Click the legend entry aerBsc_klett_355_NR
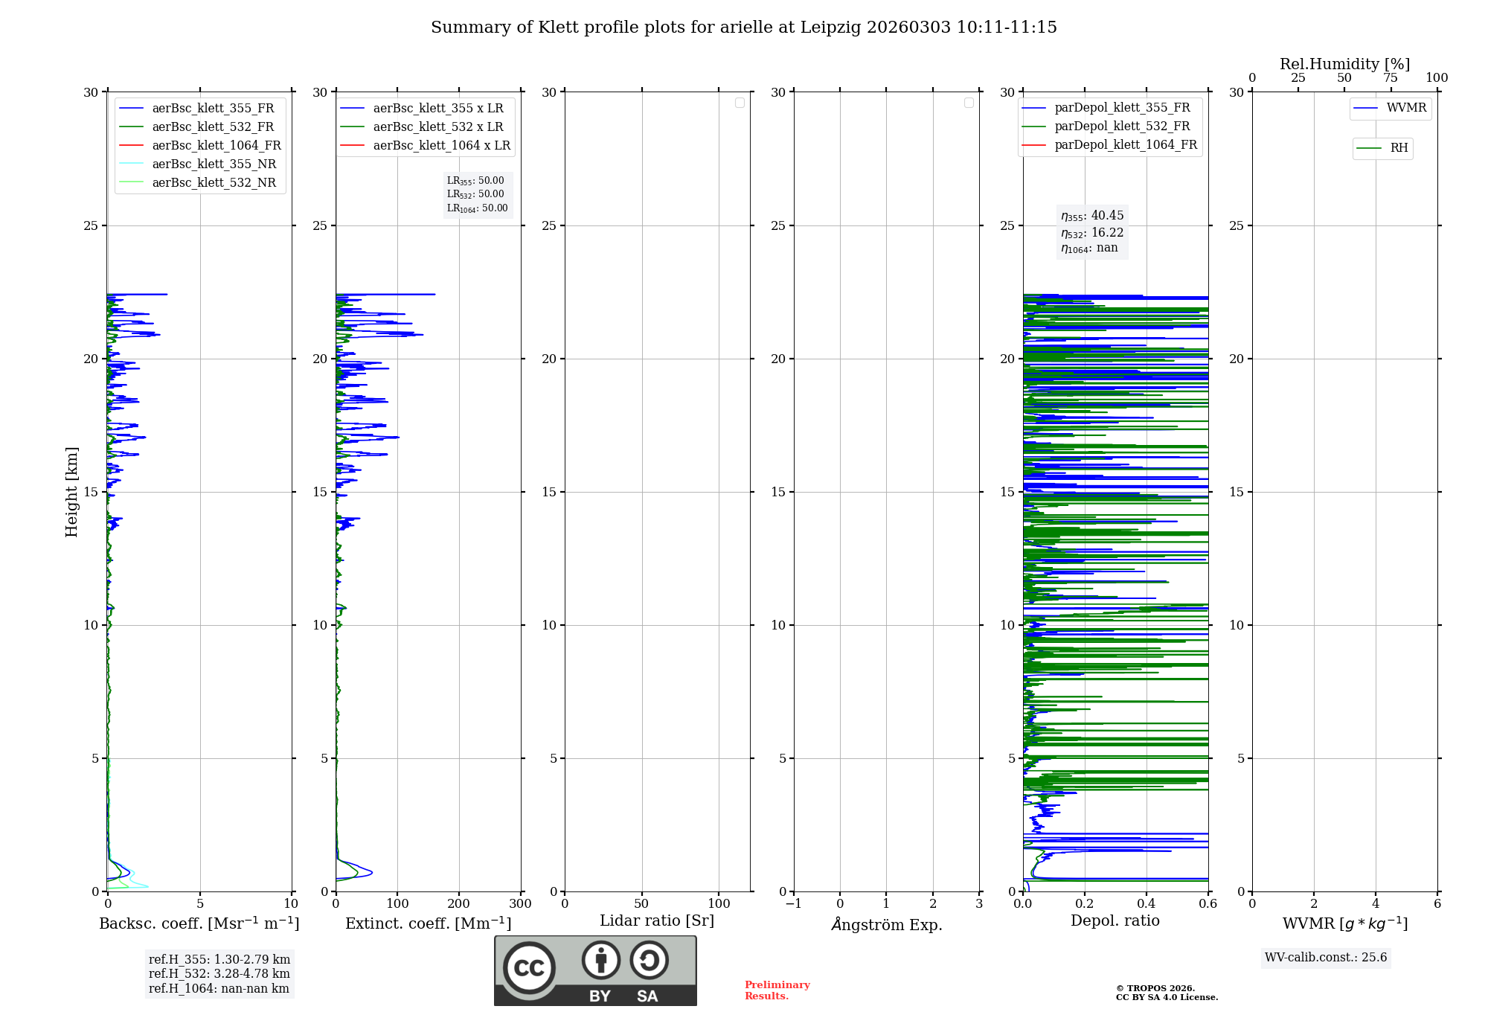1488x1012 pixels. point(214,164)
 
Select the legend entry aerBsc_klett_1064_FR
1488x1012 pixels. point(216,145)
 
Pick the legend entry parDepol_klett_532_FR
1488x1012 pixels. point(1122,126)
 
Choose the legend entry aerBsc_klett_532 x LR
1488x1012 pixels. point(437,126)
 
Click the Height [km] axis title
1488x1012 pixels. point(71,491)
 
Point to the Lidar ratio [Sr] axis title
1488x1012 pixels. point(657,921)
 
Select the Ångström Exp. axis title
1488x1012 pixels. point(887,924)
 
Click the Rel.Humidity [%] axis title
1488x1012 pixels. point(1344,64)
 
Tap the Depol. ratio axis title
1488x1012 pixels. point(1115,921)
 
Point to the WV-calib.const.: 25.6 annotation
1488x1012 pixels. point(1326,958)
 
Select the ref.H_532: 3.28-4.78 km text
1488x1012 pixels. point(219,973)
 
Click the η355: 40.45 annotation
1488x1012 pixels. point(1092,216)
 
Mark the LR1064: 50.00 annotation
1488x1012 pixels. point(477,208)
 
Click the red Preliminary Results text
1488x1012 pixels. point(777,990)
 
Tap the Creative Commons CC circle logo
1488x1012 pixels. point(529,968)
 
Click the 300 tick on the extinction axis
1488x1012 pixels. point(521,904)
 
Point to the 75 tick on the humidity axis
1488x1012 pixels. point(1390,78)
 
